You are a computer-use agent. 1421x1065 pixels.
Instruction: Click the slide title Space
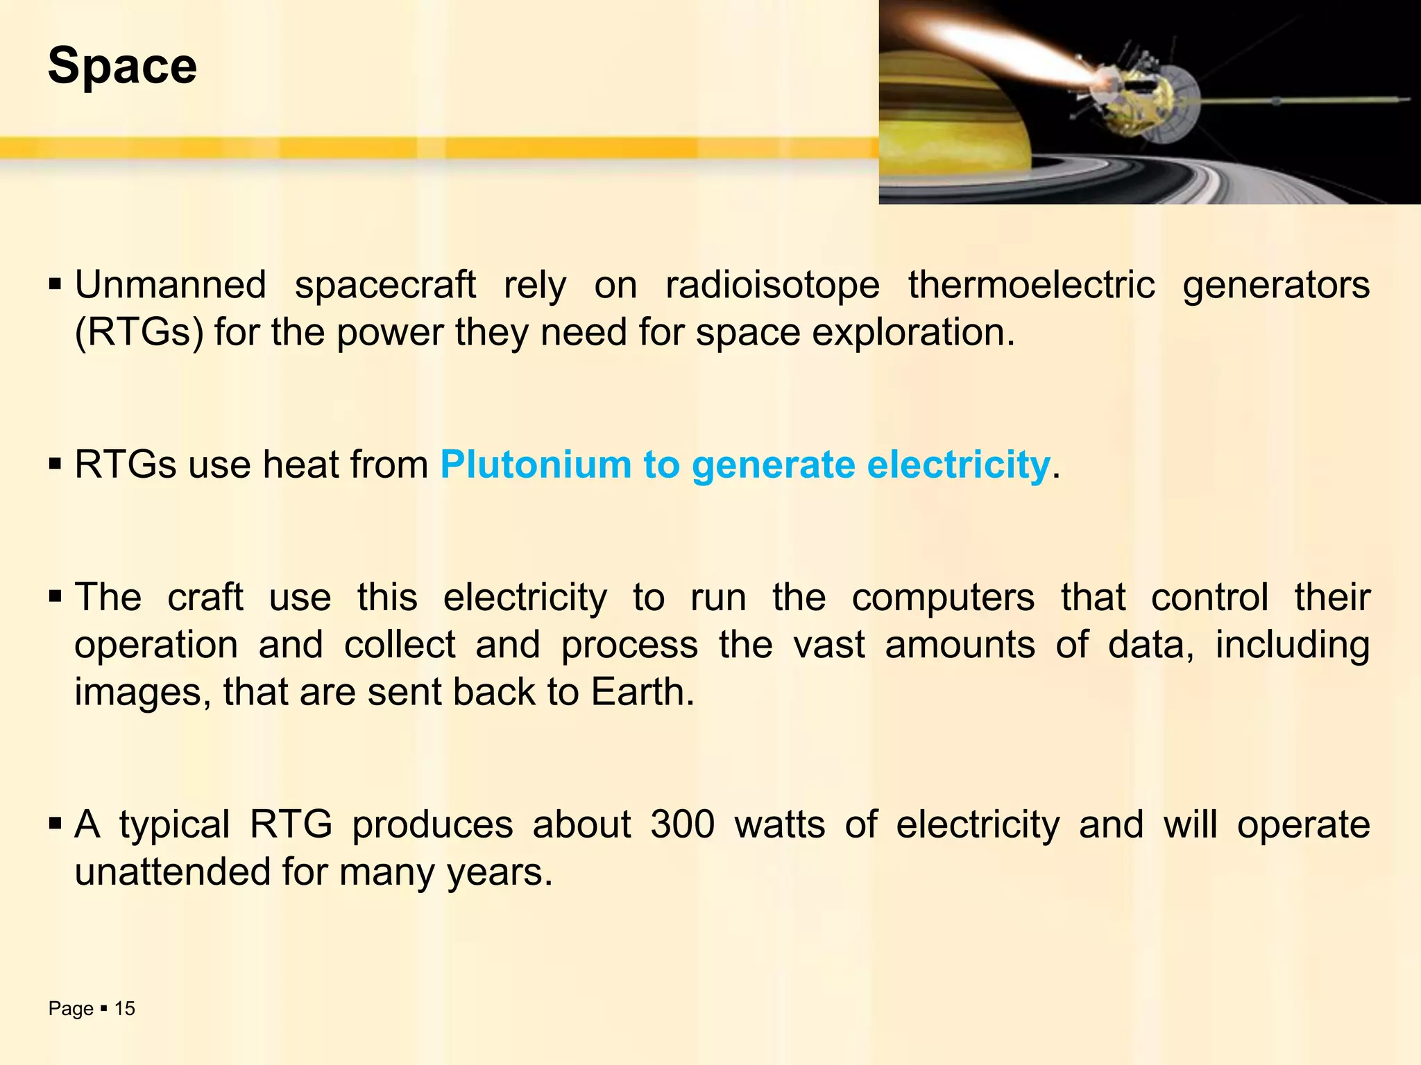click(x=122, y=67)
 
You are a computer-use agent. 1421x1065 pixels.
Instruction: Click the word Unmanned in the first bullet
click(x=170, y=285)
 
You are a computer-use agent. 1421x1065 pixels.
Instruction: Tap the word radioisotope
click(x=772, y=285)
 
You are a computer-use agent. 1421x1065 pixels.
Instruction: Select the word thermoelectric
click(x=1031, y=285)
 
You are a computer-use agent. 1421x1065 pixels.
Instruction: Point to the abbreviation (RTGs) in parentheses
click(x=139, y=333)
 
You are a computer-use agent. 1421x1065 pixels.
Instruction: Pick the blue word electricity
click(x=958, y=465)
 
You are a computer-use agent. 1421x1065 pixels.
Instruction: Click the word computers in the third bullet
click(x=943, y=598)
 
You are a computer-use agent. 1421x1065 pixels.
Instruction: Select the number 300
click(x=682, y=825)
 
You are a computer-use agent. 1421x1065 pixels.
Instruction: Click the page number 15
click(x=125, y=1009)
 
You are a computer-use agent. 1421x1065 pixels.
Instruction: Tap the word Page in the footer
click(x=71, y=1009)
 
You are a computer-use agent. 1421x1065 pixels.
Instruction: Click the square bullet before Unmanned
click(x=56, y=285)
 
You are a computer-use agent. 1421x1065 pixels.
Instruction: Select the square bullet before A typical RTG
click(x=56, y=825)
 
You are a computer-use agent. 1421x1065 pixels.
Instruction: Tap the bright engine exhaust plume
click(x=1006, y=49)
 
